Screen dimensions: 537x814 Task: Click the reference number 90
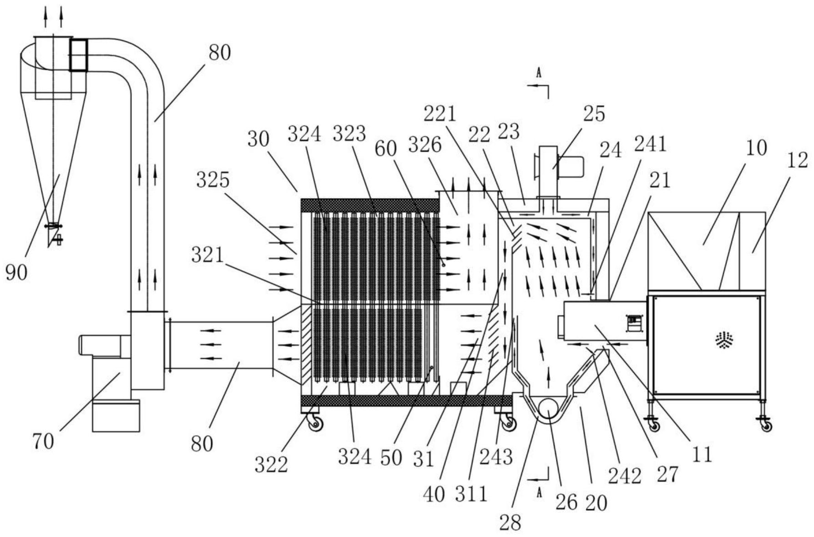point(16,272)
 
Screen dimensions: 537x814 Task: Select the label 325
point(213,181)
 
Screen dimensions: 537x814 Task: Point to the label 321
point(208,256)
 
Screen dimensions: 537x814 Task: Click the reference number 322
point(271,465)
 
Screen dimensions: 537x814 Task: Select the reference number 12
point(797,160)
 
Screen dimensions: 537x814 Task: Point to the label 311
point(471,493)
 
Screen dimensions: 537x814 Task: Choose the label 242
point(625,476)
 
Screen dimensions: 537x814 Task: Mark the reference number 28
point(510,522)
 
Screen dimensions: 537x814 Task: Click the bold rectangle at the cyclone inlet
point(78,55)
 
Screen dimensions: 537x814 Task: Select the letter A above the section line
point(539,73)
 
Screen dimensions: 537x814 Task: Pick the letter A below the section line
point(539,492)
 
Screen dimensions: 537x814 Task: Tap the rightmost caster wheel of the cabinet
point(766,426)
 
